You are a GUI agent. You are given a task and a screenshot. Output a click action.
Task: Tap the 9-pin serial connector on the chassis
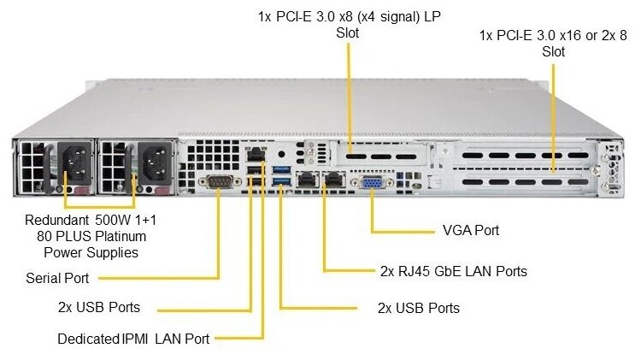coord(219,180)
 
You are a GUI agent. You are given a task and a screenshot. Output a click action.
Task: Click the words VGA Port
coord(471,231)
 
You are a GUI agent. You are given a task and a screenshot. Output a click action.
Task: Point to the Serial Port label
coord(57,278)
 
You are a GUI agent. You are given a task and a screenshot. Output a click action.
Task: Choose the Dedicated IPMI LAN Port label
coord(133,339)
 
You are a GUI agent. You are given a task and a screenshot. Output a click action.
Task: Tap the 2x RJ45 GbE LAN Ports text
coord(453,272)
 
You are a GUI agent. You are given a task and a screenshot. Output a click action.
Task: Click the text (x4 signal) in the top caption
coord(392,16)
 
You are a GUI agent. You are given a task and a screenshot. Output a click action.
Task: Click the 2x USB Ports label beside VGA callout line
coord(418,308)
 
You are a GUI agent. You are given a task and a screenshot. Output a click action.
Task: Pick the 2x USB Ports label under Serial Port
coord(98,307)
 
